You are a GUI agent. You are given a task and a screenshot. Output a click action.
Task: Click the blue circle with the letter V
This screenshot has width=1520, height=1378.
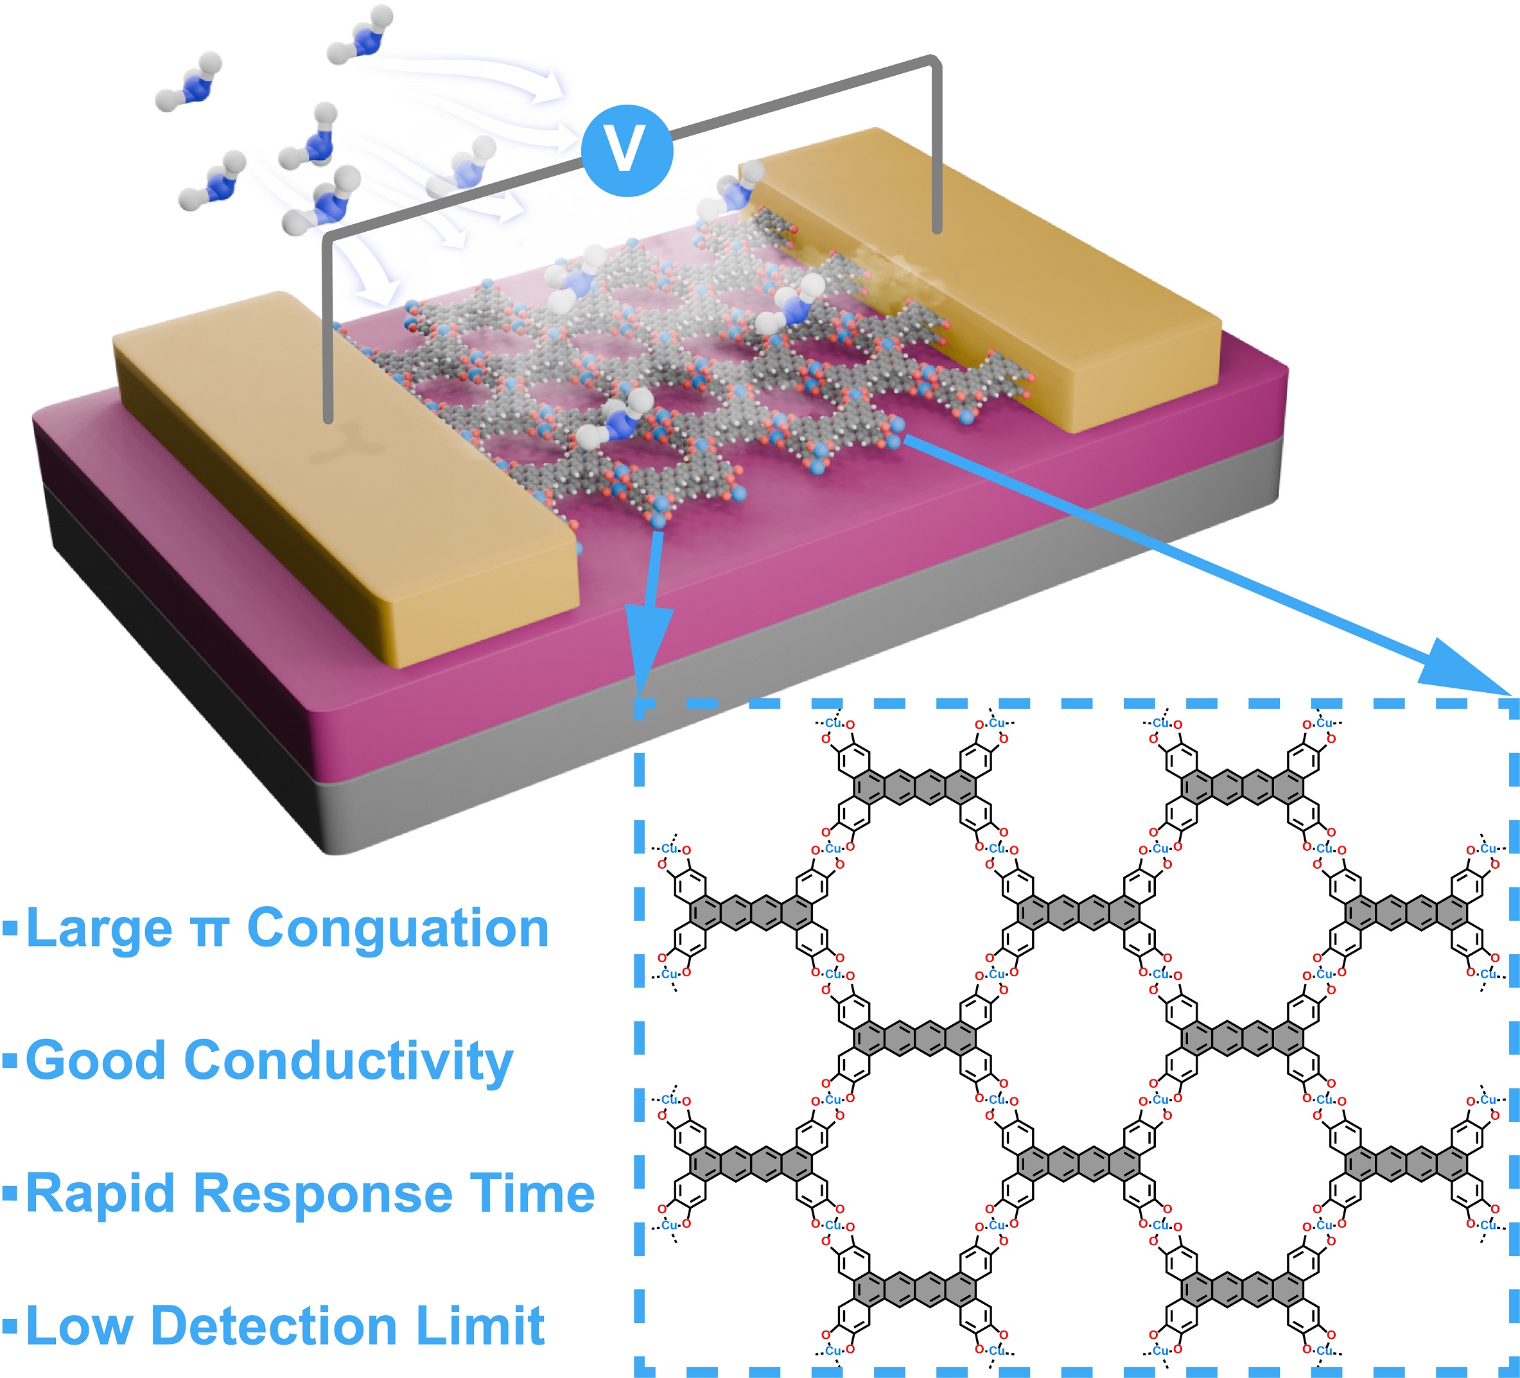[x=627, y=150]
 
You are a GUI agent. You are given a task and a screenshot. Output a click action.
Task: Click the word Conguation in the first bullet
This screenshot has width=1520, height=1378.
[x=398, y=929]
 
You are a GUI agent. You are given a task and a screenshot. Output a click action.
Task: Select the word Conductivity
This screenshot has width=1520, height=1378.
[x=348, y=1061]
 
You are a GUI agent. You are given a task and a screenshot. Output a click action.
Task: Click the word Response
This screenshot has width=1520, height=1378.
[x=324, y=1195]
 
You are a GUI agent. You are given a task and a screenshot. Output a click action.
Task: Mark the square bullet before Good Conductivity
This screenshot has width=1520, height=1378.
[x=10, y=1061]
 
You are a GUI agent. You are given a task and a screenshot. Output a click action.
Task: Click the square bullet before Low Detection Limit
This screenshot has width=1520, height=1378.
[x=10, y=1325]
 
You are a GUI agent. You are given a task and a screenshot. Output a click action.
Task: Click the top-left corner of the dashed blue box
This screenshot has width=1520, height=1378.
[x=640, y=706]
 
